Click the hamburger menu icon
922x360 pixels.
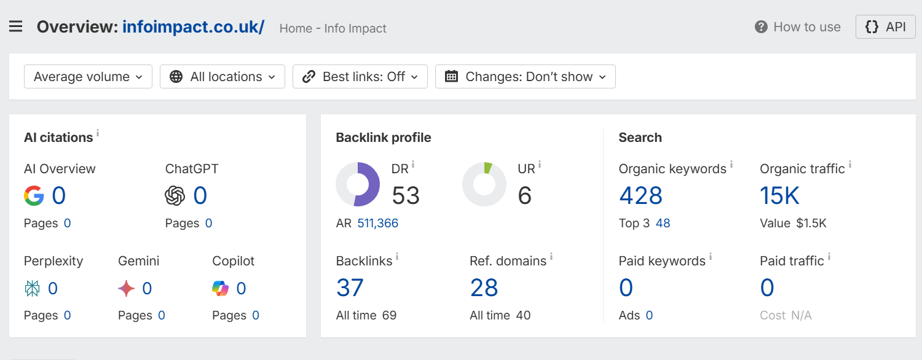pos(15,27)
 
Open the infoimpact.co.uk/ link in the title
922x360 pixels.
pos(194,27)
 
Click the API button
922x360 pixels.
pos(885,27)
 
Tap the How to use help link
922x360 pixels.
pos(798,27)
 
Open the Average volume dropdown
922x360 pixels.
pos(88,77)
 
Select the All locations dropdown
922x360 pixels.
pos(223,77)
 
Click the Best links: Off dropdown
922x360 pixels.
pos(360,77)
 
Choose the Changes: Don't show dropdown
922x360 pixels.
pos(525,77)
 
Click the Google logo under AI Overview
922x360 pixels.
pos(34,195)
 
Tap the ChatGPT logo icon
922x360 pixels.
pos(175,195)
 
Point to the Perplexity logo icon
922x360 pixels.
pos(32,288)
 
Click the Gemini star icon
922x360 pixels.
pos(127,288)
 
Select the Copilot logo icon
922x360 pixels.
pos(220,288)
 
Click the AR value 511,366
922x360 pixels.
pos(378,223)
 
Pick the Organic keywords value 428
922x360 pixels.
pos(641,195)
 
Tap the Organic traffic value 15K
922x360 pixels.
pos(779,195)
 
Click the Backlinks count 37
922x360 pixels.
pos(350,288)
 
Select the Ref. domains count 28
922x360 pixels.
pos(484,288)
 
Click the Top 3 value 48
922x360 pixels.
pos(663,223)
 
